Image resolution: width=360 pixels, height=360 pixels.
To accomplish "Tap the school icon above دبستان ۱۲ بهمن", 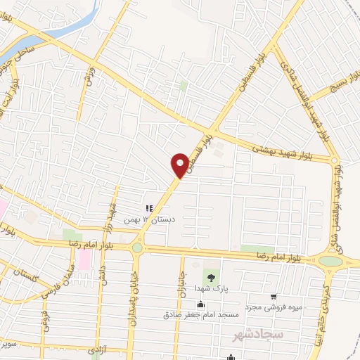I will point(148,208).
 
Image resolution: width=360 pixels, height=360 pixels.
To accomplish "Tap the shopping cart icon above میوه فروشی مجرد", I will point(274,297).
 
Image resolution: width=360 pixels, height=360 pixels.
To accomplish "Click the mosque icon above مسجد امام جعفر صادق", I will point(202,304).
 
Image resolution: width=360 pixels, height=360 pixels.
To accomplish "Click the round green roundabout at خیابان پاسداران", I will point(137,247).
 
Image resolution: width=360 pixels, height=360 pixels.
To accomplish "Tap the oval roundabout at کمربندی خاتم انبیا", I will point(330,262).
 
